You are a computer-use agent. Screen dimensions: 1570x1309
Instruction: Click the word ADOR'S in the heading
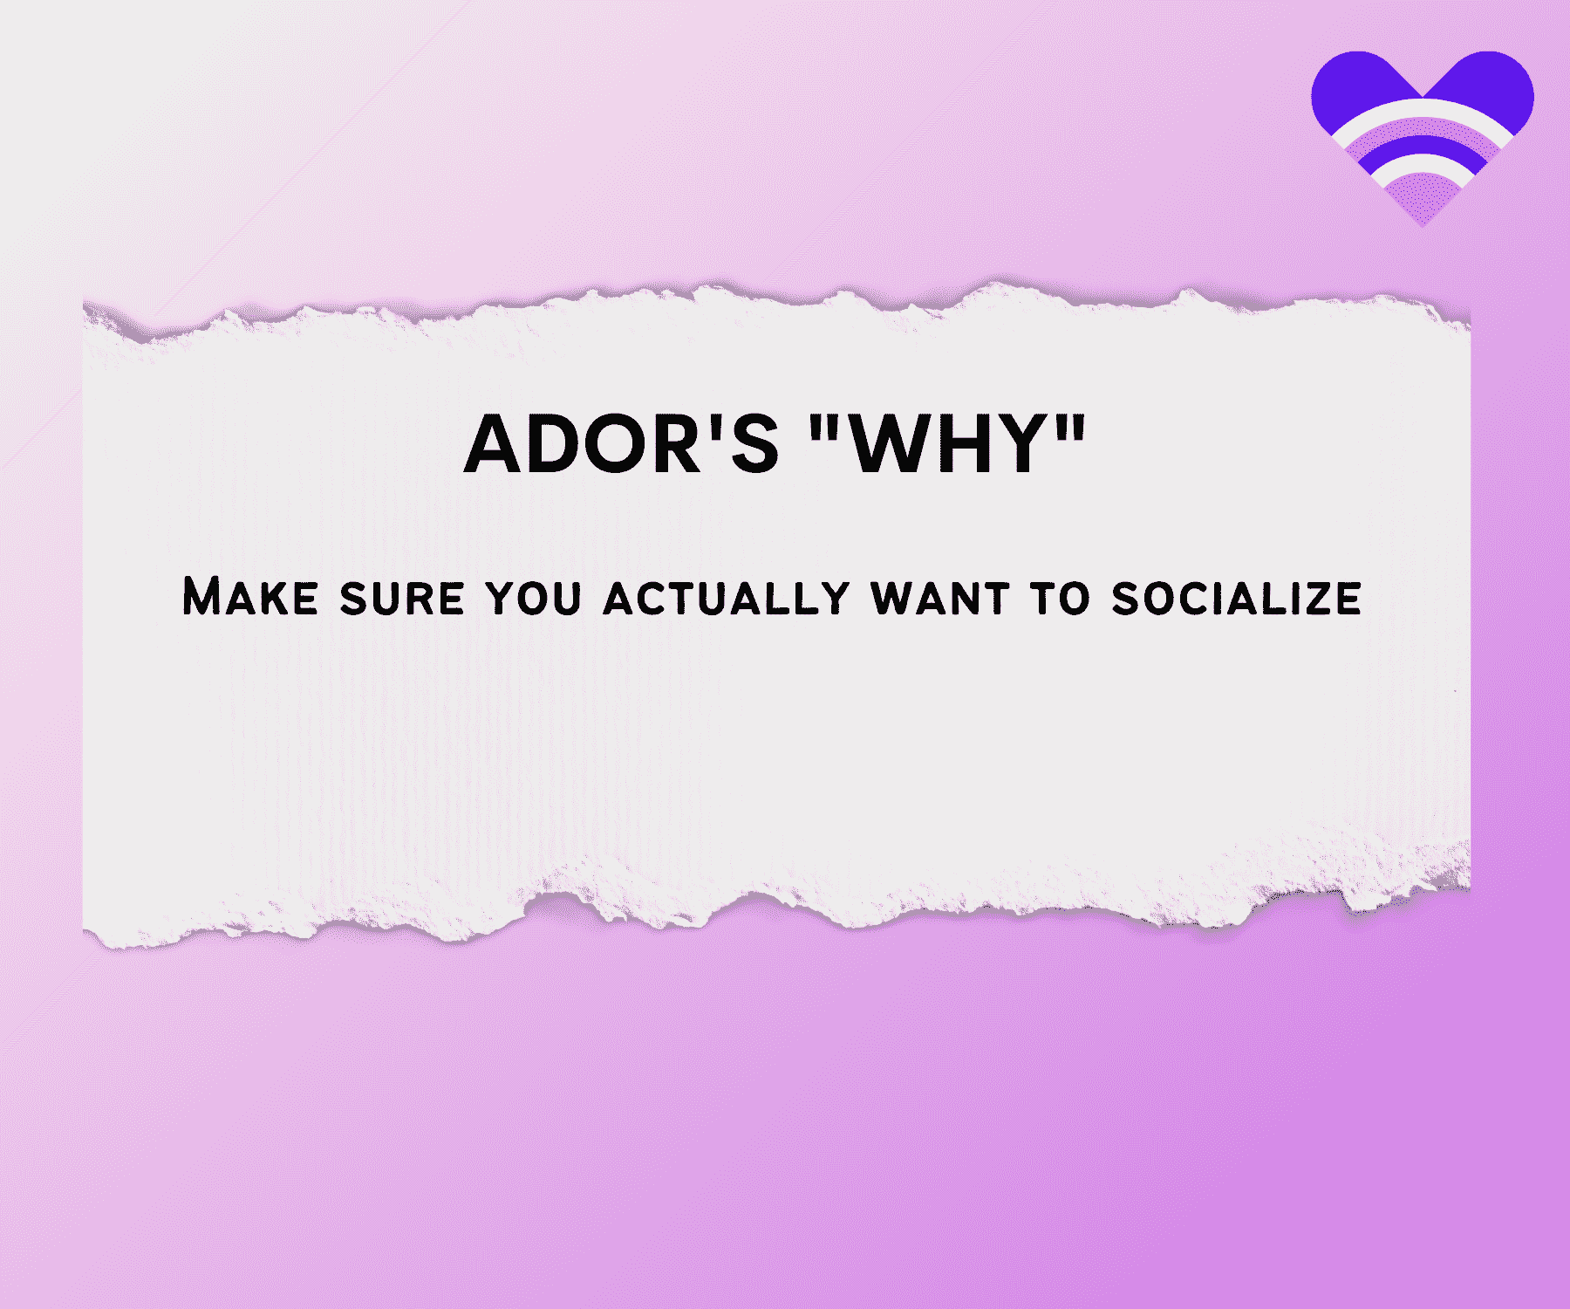click(620, 443)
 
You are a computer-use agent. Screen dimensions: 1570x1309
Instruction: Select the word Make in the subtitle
click(250, 597)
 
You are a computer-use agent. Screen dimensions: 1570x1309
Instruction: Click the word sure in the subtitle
click(401, 599)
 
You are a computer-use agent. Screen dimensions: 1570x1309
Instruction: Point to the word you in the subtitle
click(534, 599)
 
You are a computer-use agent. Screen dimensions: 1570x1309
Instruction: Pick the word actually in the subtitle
click(727, 599)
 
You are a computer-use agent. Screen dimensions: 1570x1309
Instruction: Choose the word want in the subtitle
click(940, 599)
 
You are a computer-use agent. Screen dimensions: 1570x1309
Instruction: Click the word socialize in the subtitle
click(1237, 599)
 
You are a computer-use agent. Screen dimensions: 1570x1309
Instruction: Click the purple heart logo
click(1423, 131)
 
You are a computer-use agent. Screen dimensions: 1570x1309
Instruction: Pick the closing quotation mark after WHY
click(1071, 427)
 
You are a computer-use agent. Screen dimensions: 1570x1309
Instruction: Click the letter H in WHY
click(967, 444)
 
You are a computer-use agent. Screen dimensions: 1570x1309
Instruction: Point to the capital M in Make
click(201, 597)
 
